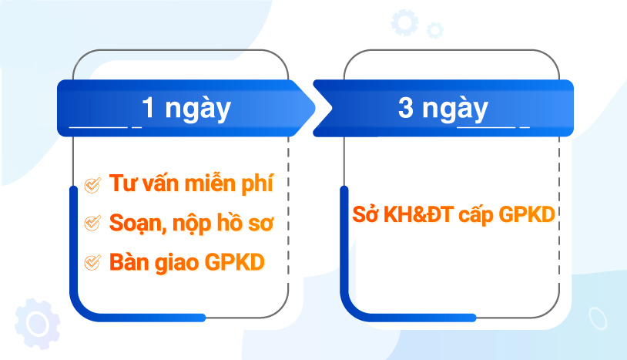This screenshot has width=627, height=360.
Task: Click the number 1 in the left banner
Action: [149, 108]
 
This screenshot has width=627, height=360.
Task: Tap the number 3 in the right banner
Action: [405, 108]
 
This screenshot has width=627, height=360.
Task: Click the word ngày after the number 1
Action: [198, 109]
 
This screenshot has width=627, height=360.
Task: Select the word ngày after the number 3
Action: [455, 109]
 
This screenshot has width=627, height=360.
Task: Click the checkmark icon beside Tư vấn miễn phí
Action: [92, 185]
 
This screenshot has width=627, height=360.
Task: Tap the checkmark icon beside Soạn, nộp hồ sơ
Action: [92, 223]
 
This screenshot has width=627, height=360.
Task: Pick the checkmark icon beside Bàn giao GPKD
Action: [92, 262]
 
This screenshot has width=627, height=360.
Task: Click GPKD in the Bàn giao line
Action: [235, 262]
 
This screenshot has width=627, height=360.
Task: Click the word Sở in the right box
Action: [365, 214]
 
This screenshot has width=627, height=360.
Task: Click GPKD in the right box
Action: [527, 215]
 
